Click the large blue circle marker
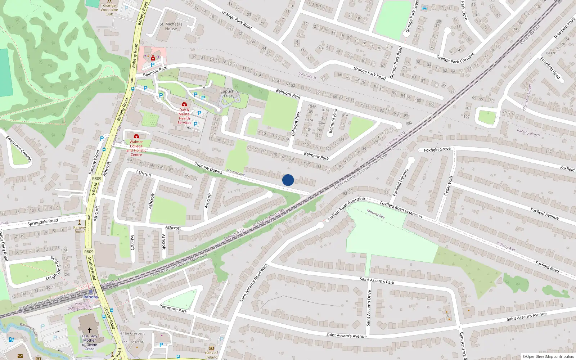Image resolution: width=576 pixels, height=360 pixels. (288, 180)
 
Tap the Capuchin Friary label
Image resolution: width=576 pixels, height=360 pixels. (229, 94)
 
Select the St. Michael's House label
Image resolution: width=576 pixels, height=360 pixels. (171, 26)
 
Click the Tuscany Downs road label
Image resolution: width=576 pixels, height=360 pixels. (208, 168)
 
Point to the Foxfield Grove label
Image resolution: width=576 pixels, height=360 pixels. (437, 149)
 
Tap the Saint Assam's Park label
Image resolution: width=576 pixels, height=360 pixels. (377, 280)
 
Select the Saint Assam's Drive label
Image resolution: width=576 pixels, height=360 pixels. (369, 308)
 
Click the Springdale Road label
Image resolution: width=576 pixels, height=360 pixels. (42, 222)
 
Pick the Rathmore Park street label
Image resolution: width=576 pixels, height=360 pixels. (173, 309)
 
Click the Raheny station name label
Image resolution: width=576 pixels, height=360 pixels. (91, 297)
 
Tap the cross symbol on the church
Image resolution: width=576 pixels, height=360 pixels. (89, 329)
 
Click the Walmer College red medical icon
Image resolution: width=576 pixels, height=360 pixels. (136, 136)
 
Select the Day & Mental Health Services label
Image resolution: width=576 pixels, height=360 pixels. (184, 116)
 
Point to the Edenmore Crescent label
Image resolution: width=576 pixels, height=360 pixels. (19, 149)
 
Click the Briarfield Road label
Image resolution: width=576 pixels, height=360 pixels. (550, 68)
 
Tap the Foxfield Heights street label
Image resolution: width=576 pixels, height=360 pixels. (400, 182)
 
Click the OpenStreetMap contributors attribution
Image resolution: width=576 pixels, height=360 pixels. (549, 357)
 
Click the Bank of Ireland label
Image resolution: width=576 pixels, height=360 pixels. (211, 355)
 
